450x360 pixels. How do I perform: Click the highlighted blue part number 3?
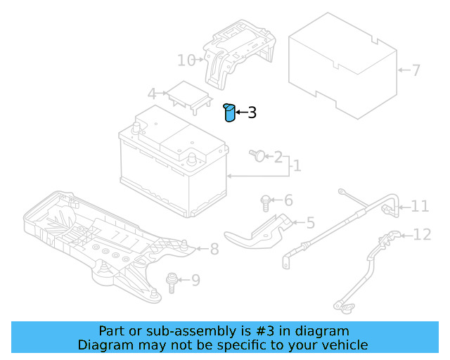point(229,112)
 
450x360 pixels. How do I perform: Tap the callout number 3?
point(252,112)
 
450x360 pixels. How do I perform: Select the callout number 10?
point(186,60)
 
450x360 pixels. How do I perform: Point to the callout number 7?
point(416,70)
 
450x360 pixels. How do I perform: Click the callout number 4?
point(151,94)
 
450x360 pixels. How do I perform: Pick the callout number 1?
point(297,166)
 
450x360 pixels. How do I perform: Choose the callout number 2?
point(278,156)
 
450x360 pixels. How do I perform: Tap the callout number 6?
point(288,200)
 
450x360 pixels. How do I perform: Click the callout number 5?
point(310,223)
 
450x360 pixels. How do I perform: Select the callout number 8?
point(214,248)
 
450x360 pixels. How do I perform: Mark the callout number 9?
point(195,281)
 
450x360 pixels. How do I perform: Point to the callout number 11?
point(420,206)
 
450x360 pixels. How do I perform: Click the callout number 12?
point(422,234)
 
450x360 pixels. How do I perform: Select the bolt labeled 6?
point(266,202)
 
